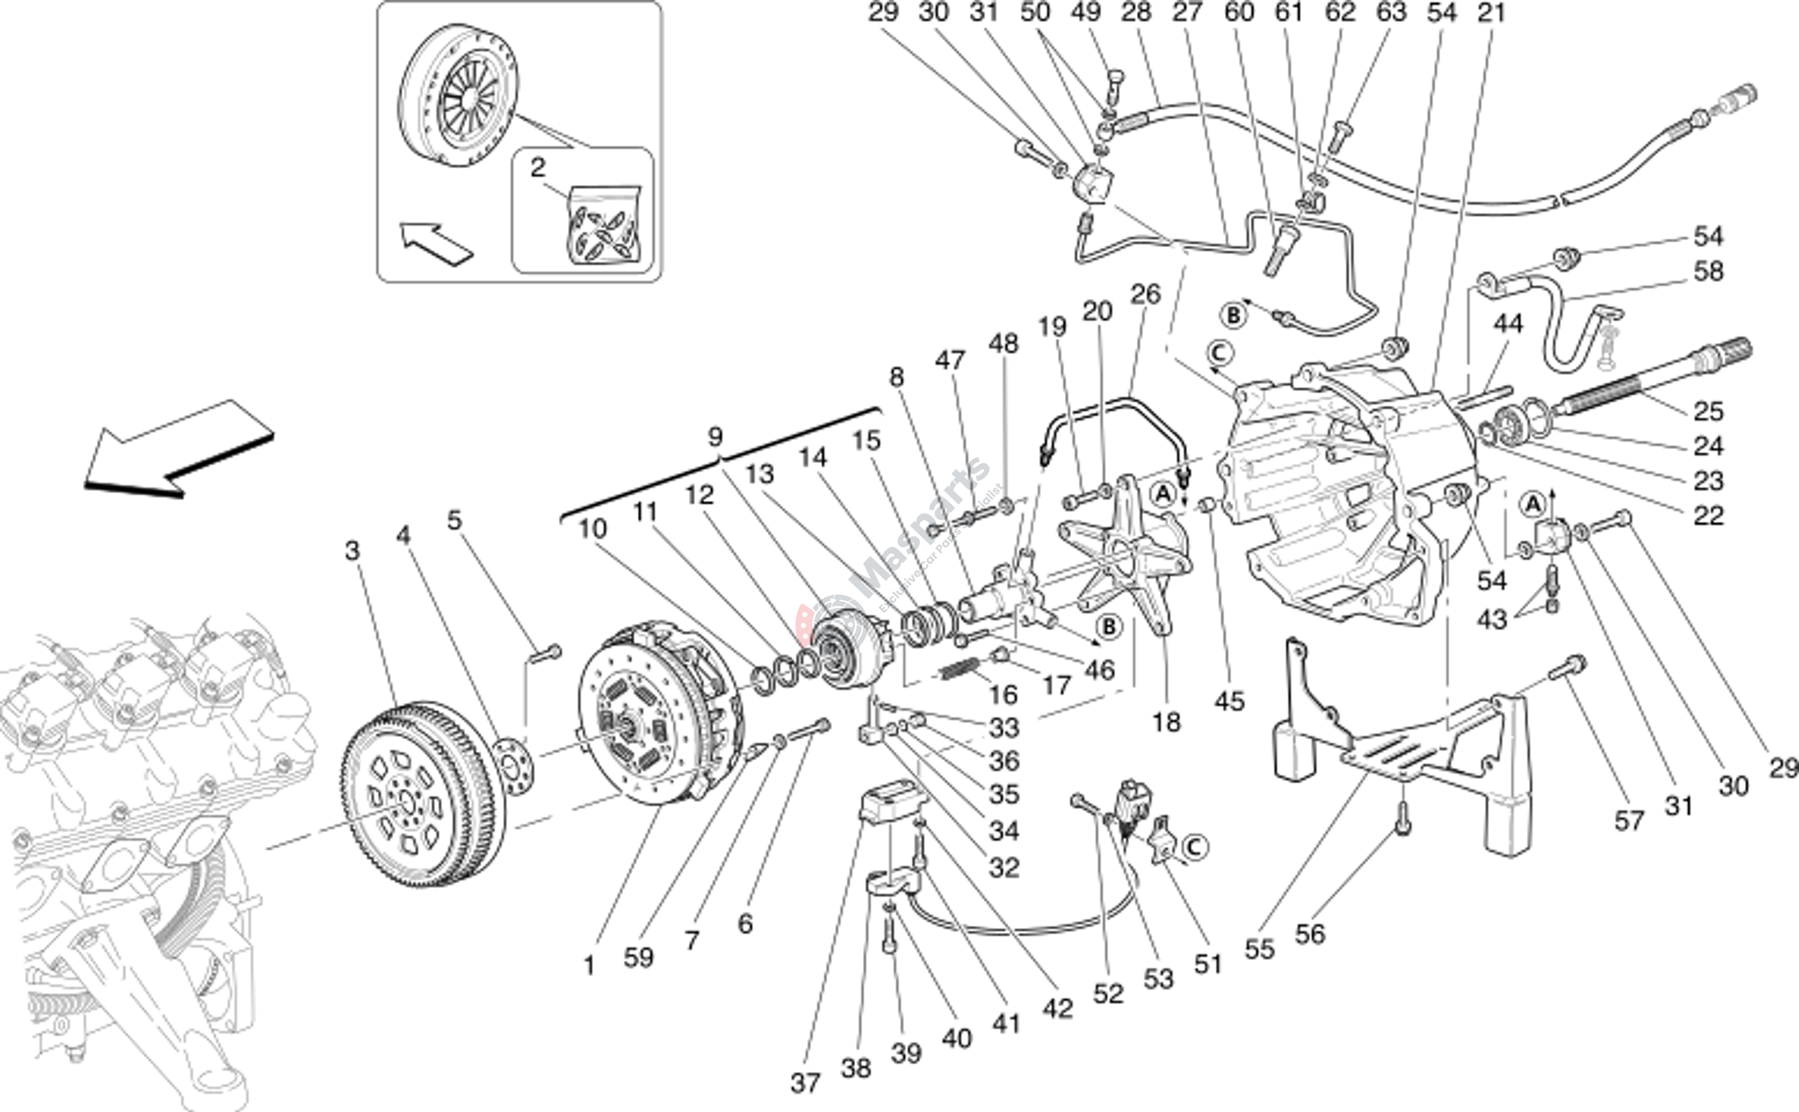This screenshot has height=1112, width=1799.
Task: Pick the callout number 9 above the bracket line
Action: click(715, 437)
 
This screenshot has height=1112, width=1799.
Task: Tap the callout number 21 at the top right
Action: click(1492, 13)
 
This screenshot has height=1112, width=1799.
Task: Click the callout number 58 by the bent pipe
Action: click(1708, 271)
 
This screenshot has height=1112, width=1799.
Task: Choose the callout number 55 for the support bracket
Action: click(1259, 949)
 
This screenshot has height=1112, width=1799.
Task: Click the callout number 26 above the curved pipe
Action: click(1145, 294)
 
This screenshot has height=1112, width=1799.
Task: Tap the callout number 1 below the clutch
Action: click(589, 965)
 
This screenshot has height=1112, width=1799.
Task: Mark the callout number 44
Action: click(1508, 324)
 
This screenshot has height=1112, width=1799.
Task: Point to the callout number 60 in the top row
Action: click(1239, 13)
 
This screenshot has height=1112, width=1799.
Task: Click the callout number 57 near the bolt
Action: click(1628, 820)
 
